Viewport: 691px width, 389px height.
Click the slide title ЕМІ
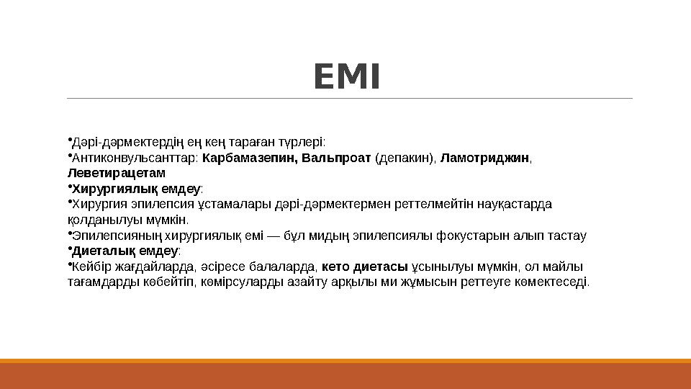coord(345,78)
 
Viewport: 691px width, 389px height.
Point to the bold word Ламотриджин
coord(484,158)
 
